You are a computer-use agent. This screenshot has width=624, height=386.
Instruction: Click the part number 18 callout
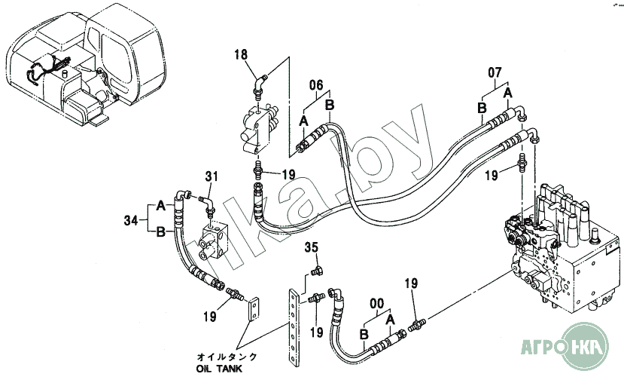coord(241,54)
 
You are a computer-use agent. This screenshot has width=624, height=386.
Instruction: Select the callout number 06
coord(316,85)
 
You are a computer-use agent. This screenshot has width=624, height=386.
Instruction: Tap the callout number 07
coord(495,72)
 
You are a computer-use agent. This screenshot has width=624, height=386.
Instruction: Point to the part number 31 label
coord(212,176)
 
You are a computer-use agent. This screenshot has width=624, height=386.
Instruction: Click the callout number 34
coord(131,219)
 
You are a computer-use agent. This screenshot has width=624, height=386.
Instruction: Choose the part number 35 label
coord(312,247)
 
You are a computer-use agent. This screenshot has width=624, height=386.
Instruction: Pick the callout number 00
coord(377,304)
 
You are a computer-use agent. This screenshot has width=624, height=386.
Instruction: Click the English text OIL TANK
coord(219,369)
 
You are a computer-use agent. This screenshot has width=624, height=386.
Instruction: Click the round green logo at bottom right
coord(584,347)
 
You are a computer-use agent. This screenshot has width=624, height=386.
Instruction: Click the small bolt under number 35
coord(318,271)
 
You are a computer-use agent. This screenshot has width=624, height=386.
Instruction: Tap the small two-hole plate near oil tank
coord(254,309)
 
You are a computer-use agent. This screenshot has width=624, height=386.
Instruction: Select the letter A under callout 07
coord(507,93)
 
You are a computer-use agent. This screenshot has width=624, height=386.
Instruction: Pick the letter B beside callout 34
coord(160,231)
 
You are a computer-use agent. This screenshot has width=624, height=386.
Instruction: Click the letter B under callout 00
coord(364,334)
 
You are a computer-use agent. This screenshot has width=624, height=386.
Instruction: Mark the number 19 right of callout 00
coord(411,283)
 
